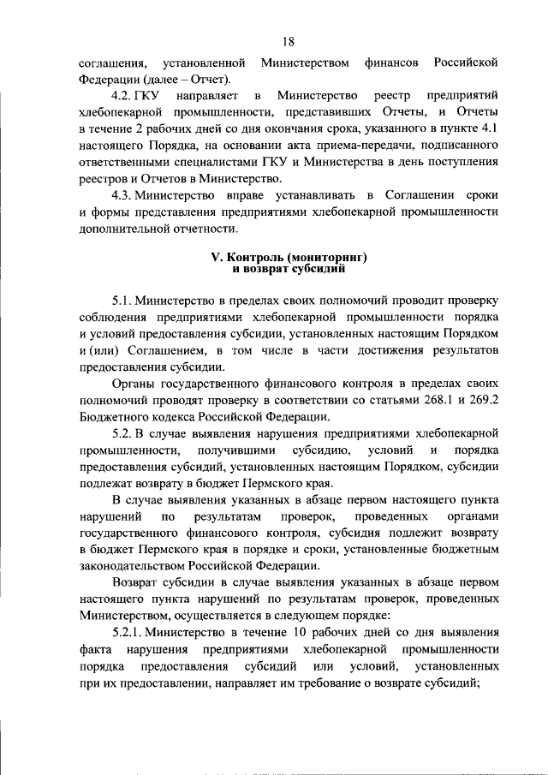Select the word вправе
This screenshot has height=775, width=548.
coord(244,195)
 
